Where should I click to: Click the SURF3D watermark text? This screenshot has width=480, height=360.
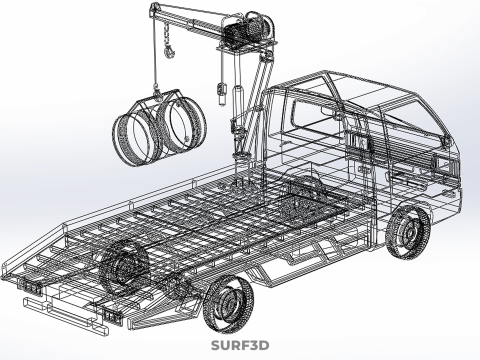tap(240, 345)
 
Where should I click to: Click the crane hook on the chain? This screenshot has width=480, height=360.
tap(169, 52)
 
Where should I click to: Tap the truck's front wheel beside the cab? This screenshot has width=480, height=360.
tap(407, 231)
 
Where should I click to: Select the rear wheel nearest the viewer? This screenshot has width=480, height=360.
tap(229, 303)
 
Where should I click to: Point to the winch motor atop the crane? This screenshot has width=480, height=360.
tap(248, 28)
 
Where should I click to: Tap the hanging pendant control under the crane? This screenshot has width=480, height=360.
tap(222, 93)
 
